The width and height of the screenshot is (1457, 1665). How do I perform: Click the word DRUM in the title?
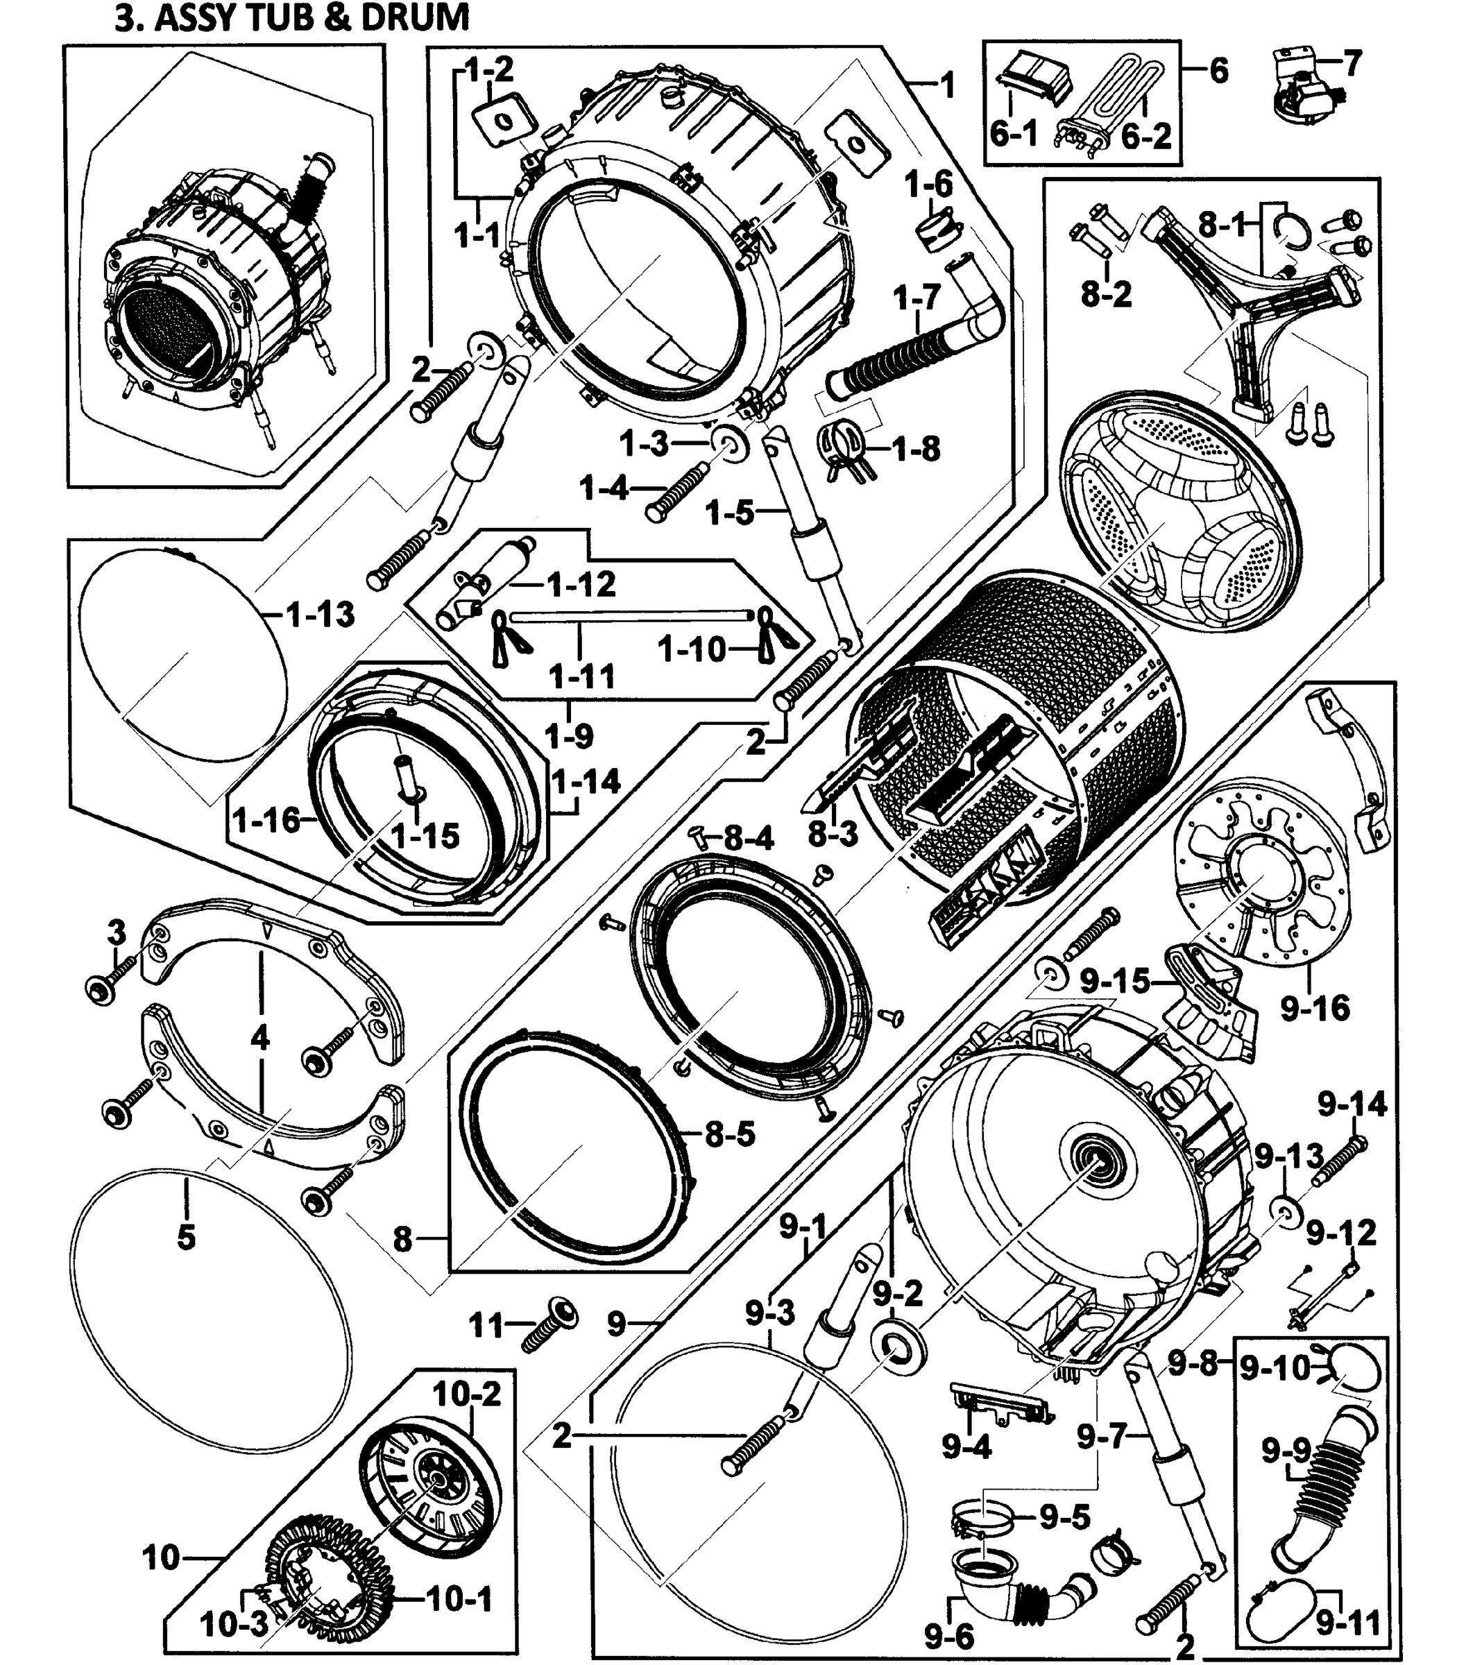click(415, 17)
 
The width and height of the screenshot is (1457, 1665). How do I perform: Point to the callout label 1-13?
click(321, 615)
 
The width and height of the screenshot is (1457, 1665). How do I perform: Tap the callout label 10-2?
click(467, 1394)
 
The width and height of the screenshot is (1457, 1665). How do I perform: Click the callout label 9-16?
click(1315, 1008)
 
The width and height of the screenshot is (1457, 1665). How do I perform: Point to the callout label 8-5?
click(730, 1134)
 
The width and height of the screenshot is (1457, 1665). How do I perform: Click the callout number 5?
click(186, 1238)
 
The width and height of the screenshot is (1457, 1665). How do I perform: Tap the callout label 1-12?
click(581, 585)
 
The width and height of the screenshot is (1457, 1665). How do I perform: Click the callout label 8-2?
click(1106, 294)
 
